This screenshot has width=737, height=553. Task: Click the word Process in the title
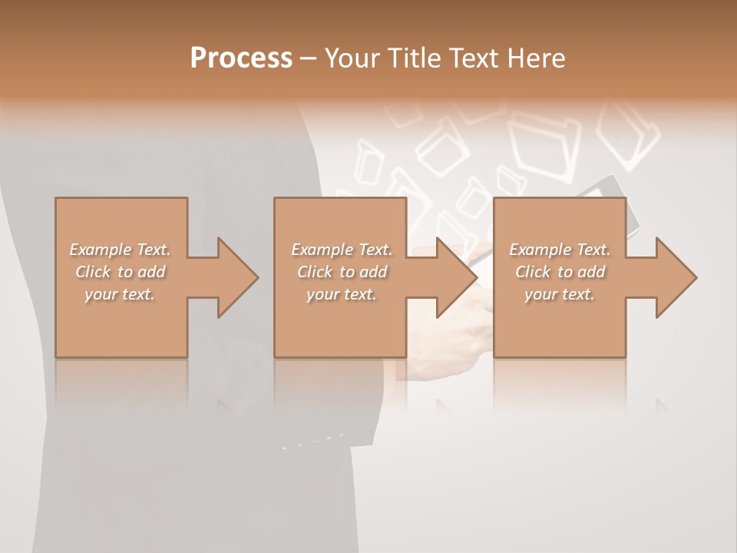click(241, 58)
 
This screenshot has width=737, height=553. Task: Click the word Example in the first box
click(101, 250)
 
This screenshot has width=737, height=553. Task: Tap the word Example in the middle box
click(322, 250)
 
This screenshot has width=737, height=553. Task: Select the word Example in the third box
click(540, 250)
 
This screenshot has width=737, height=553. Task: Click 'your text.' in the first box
click(120, 294)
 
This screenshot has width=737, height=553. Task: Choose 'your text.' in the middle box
click(341, 294)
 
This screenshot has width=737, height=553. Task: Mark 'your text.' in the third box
click(560, 294)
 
